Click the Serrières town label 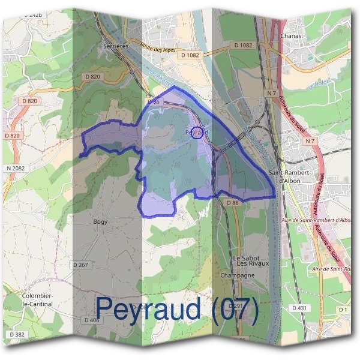click(116, 45)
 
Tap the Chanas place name click(290, 36)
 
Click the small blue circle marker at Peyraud click(196, 133)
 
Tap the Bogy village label click(100, 222)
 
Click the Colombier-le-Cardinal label click(37, 300)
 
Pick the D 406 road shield click(91, 320)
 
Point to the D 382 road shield click(17, 334)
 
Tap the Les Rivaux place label click(253, 263)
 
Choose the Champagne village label click(238, 275)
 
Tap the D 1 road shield click(343, 309)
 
